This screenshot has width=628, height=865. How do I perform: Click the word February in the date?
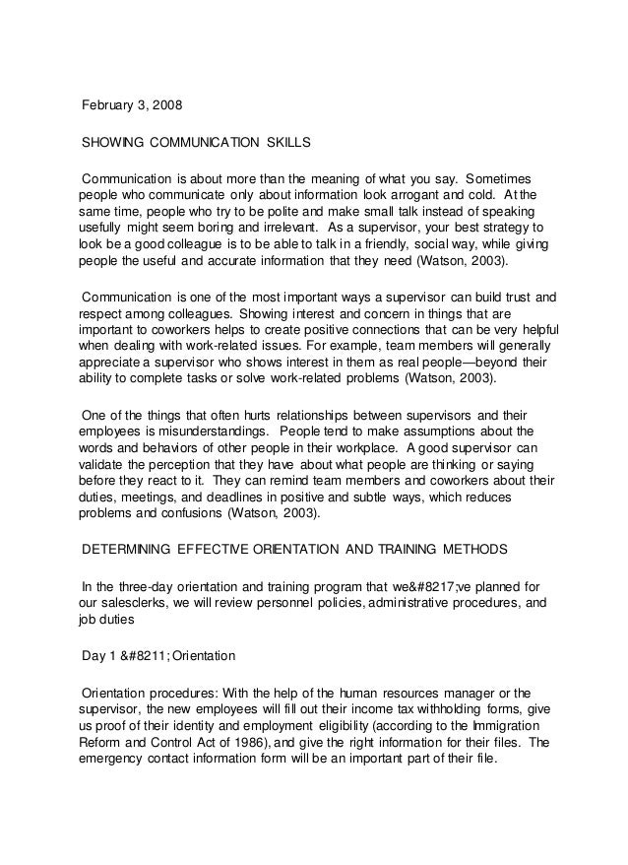coord(108,104)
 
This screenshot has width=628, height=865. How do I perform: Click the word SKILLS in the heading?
coord(288,143)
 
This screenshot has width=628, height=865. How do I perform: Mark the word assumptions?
coord(453,432)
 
